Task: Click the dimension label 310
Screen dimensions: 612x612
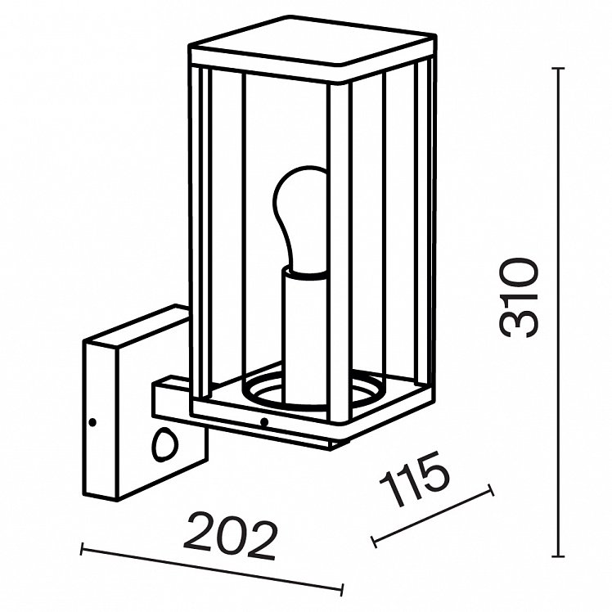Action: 520,298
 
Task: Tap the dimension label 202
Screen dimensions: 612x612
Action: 230,535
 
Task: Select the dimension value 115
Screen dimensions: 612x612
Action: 415,479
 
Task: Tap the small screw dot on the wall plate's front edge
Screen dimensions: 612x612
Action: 93,422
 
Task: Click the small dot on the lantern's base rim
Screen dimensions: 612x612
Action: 264,421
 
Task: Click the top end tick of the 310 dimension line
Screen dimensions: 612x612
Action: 559,69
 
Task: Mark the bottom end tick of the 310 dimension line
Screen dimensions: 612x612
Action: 559,556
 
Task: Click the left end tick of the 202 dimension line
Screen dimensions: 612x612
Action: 82,550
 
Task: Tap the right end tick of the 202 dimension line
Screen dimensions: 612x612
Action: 342,590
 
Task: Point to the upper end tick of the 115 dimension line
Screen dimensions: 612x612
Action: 491,490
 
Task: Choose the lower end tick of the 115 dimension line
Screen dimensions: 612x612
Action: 374,542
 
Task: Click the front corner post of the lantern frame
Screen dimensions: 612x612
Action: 340,254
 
